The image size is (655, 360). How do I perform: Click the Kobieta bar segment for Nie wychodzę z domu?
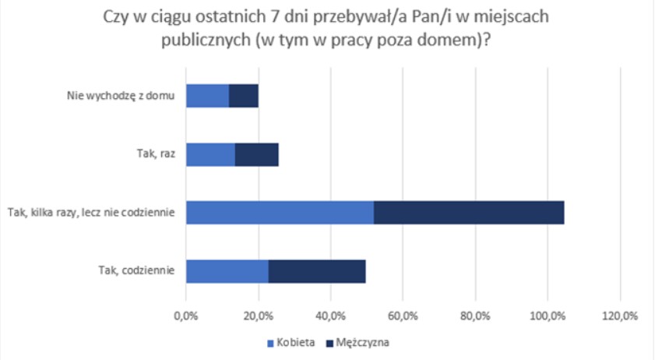(208, 96)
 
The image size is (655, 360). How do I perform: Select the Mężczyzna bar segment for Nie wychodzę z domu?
(244, 96)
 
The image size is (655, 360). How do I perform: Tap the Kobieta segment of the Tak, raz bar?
(210, 154)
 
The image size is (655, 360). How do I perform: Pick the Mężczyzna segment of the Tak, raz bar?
(256, 154)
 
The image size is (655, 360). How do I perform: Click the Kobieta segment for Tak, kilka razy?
(280, 213)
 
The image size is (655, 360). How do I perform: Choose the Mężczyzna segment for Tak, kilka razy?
(469, 213)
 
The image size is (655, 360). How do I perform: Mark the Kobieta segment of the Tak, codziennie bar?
(227, 270)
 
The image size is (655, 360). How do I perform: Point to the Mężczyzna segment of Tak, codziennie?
(317, 270)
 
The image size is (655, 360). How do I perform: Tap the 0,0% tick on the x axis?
(185, 316)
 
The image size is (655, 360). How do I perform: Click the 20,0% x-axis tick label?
(258, 316)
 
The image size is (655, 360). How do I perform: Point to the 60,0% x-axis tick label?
(403, 316)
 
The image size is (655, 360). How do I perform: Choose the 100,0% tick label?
(548, 316)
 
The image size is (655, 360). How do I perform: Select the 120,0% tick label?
(620, 316)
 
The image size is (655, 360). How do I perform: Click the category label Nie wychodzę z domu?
(120, 97)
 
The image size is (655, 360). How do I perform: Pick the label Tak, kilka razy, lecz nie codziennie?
(90, 213)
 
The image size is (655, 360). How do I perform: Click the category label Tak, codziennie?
(136, 270)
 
